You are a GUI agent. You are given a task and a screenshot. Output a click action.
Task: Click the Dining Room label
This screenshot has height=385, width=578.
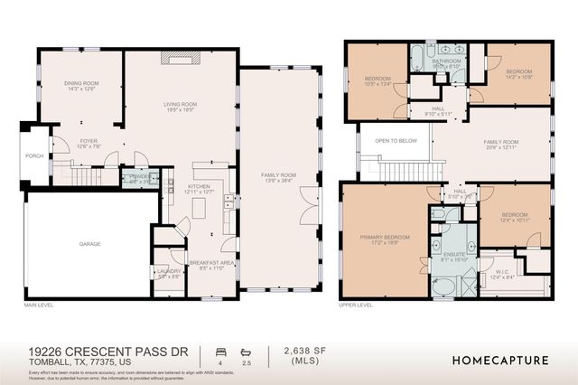(80, 84)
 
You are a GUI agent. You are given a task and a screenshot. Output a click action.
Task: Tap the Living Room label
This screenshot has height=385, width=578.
(180, 105)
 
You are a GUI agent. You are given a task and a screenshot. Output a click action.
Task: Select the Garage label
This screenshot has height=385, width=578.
(89, 244)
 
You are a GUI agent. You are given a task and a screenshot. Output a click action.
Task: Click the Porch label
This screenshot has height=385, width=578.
(33, 156)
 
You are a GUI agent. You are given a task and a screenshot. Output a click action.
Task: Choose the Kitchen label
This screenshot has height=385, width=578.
(198, 187)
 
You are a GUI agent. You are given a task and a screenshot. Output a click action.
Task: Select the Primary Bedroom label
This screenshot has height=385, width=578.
(385, 238)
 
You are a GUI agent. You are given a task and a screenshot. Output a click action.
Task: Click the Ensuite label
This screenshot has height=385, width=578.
(455, 256)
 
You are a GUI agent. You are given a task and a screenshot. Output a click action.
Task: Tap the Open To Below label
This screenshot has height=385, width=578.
(396, 141)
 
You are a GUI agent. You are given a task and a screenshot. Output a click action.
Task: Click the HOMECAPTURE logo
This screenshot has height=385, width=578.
(499, 360)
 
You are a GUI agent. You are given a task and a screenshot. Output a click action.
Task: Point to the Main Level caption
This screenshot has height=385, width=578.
(40, 305)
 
